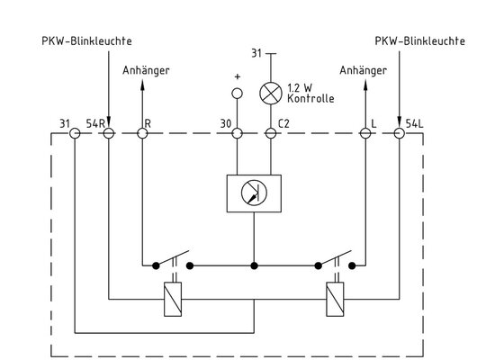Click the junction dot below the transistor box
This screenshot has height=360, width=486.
pos(254,265)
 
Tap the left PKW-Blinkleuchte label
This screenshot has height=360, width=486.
pos(86,40)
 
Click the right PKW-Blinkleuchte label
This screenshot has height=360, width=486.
pos(420,40)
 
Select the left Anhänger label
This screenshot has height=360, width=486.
pos(146,70)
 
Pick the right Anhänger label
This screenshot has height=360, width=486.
pos(364,70)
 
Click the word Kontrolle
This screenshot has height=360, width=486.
pos(310,99)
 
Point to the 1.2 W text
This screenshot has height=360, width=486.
pos(300,88)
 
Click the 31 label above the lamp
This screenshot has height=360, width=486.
pos(256,53)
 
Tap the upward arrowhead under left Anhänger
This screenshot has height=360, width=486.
pos(142,85)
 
